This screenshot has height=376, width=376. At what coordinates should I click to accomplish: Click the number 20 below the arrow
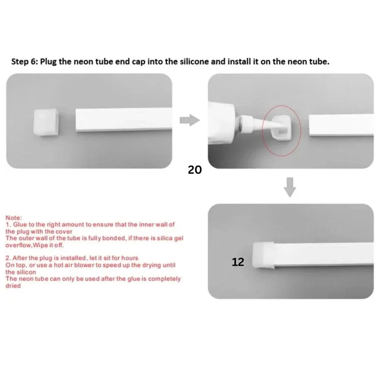pos(195,170)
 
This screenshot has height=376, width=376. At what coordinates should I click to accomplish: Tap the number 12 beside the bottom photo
pos(238,262)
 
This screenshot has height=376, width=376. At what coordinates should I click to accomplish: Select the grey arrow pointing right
pos(189,120)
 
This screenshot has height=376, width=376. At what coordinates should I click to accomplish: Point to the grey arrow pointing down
pos(290,187)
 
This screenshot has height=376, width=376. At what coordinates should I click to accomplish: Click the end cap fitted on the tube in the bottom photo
pos(263,254)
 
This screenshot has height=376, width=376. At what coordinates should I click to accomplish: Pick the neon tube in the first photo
pos(124,120)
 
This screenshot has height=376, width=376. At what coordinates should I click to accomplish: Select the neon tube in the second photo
pos(341,125)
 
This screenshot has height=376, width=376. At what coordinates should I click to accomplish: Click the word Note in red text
pos(13,218)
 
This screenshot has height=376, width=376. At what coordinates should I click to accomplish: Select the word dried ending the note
pos(13,286)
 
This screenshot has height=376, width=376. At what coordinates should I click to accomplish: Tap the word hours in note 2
pos(130,258)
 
